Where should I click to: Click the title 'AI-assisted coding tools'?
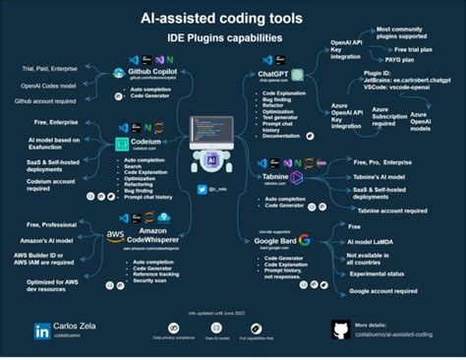pyautogui.click(x=233, y=18)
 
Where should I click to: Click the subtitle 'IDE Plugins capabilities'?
pyautogui.click(x=233, y=38)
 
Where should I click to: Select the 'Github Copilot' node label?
pyautogui.click(x=158, y=72)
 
